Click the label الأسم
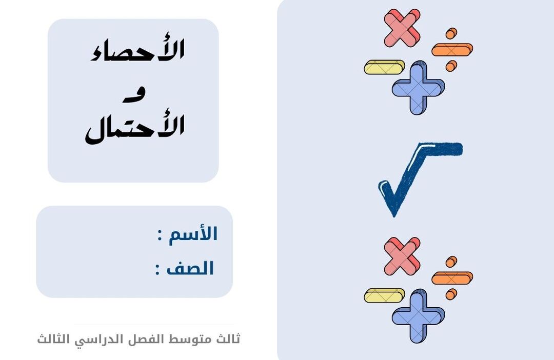point(193,234)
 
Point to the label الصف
point(190,268)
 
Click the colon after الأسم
point(160,236)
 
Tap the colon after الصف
point(157,270)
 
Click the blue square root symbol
point(420,178)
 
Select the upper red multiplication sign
point(402,28)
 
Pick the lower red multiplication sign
point(402,256)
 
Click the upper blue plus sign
point(419,87)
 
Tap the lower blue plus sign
point(419,315)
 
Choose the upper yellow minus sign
point(384,67)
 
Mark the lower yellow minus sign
point(384,295)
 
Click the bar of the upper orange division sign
point(452,50)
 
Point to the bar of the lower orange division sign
point(452,278)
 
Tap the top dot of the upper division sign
point(451,33)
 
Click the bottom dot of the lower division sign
point(451,294)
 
